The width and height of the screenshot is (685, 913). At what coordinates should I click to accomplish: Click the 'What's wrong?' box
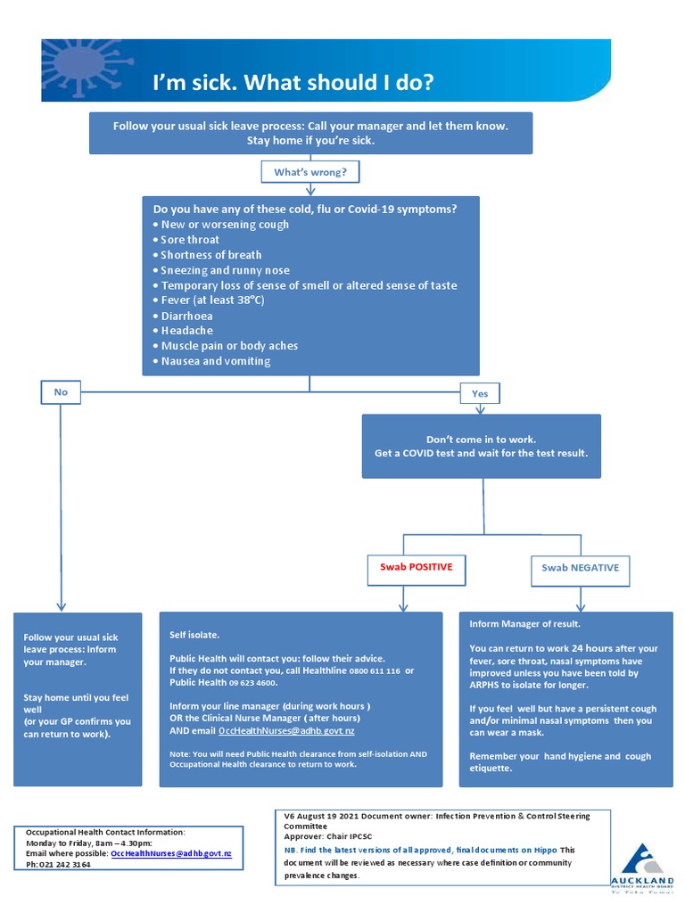[x=310, y=171]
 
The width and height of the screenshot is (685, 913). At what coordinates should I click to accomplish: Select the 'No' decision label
[x=61, y=391]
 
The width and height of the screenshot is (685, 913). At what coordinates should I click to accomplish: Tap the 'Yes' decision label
[x=480, y=393]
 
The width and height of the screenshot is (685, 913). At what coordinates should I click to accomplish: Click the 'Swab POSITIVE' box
[x=416, y=567]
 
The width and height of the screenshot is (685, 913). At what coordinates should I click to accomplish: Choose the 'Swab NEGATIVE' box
[x=580, y=568]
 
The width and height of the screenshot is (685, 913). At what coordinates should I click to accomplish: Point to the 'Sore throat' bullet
[x=190, y=240]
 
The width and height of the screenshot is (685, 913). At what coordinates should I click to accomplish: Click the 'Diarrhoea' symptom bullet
[x=186, y=316]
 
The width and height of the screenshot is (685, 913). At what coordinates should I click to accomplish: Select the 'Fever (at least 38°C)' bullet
[x=212, y=300]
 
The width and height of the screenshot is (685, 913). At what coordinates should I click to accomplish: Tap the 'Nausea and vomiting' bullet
[x=215, y=361]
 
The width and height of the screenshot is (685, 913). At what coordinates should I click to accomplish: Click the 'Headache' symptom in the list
[x=186, y=331]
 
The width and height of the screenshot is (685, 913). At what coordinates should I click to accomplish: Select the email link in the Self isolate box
[x=286, y=731]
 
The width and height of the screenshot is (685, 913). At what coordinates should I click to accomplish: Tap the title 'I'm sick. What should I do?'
[x=293, y=83]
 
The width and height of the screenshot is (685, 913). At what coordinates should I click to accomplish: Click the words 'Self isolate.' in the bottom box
[x=194, y=635]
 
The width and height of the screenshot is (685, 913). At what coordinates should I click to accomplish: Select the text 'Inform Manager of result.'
[x=524, y=624]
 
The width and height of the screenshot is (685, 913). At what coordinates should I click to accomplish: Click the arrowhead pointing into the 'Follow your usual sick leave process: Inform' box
[x=61, y=606]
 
